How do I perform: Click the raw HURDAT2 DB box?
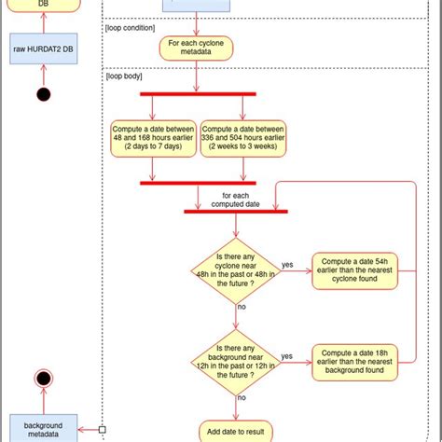(41, 49)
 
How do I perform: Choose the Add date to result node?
(235, 431)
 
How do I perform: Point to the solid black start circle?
(42, 93)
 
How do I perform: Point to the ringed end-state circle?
(42, 379)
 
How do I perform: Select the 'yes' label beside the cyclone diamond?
(288, 265)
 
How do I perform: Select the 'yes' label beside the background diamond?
(288, 355)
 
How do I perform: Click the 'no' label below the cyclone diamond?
(242, 306)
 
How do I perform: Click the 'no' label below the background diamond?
(242, 397)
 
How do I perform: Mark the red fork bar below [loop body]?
(197, 93)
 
